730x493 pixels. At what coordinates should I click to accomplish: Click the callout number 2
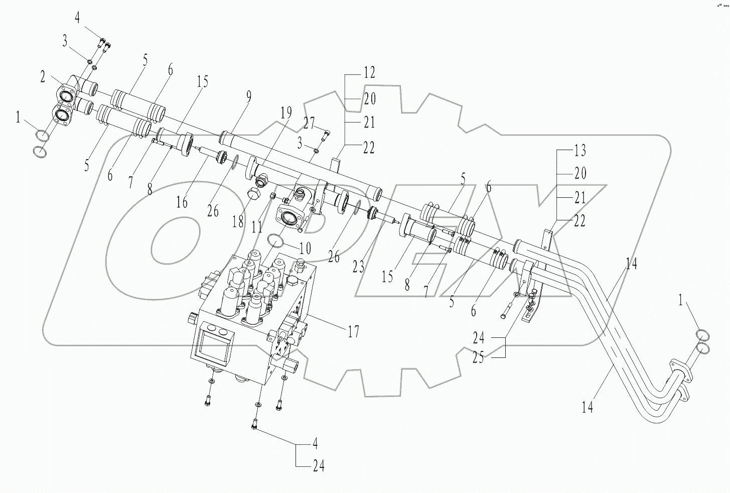pos(43,77)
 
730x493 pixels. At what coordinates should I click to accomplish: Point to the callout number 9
pos(249,97)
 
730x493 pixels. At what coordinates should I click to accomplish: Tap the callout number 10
pos(305,249)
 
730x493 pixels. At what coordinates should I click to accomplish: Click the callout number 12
pos(369,73)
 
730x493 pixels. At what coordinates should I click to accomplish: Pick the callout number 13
pos(580,150)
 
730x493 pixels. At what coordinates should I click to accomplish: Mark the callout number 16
pos(182,202)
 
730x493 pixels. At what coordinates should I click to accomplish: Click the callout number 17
pos(354,331)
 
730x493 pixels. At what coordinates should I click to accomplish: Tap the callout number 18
pos(238,222)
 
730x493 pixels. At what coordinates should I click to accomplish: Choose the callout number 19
pos(286,113)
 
